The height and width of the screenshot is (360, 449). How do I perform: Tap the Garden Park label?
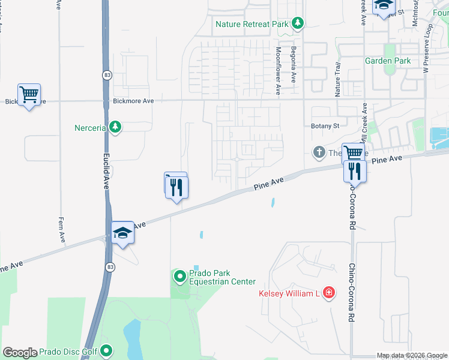[x=388, y=61]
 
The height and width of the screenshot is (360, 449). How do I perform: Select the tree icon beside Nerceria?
[x=115, y=127]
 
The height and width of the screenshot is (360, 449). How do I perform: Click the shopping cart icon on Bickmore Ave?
[x=29, y=94]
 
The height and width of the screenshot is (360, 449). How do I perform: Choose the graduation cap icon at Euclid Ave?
[x=122, y=232]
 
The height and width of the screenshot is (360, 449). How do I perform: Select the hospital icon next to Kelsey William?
[x=328, y=293]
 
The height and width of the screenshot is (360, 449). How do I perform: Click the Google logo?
[x=20, y=353]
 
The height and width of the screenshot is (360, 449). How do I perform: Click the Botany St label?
[x=325, y=126]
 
